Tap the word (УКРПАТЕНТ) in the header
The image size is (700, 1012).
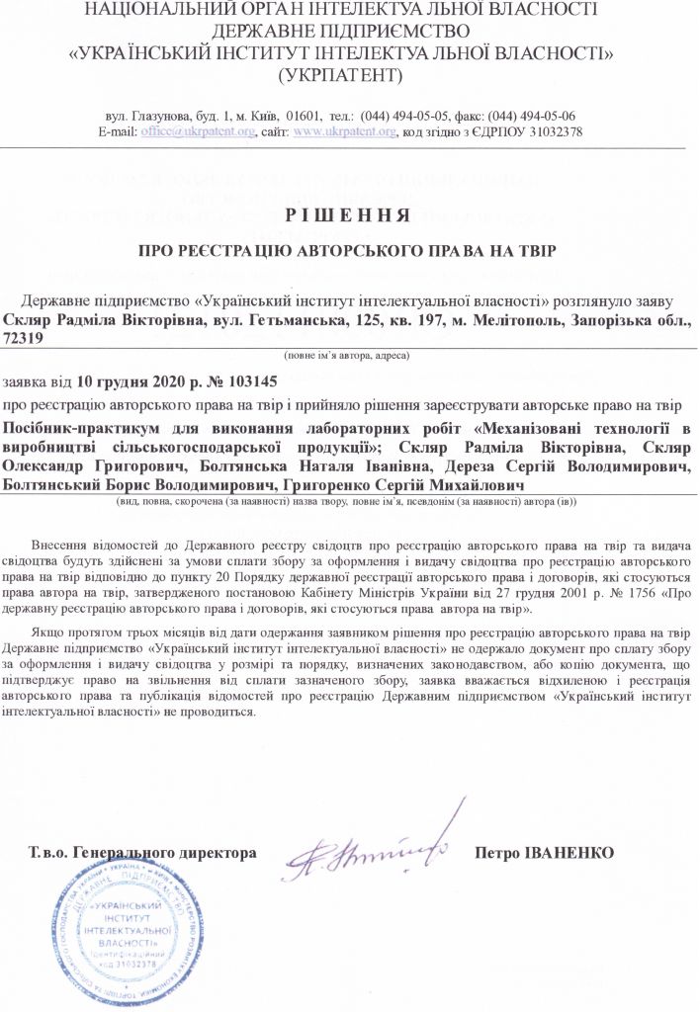[341, 74]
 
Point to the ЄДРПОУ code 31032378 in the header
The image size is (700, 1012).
[549, 131]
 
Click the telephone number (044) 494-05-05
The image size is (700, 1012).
[408, 115]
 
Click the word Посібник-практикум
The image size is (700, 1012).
[75, 428]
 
